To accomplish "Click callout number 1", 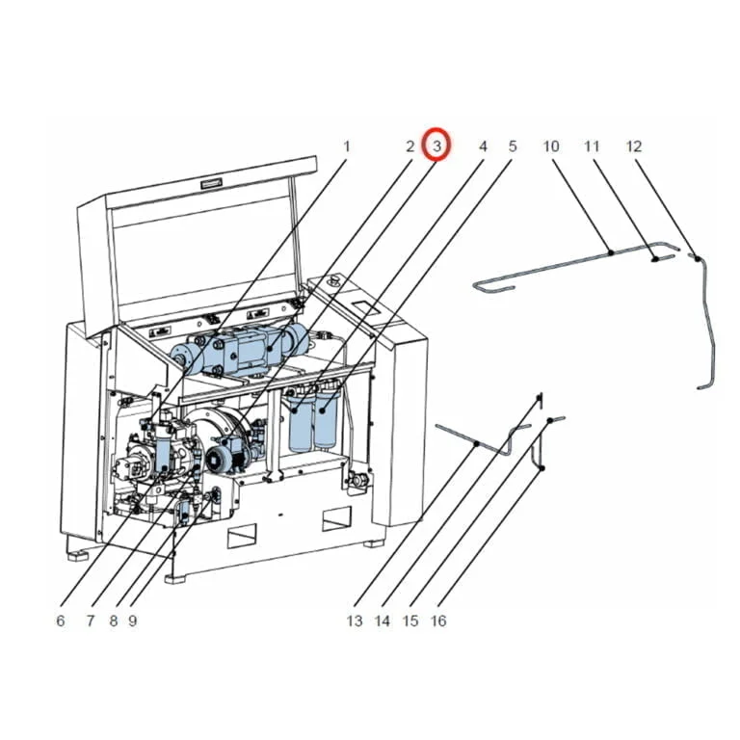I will point(347,146).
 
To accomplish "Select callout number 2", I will point(410,146).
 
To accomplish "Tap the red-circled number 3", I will point(438,145).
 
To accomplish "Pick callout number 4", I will point(483,146).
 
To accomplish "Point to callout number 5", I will point(513,146).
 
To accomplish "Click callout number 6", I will point(61,621).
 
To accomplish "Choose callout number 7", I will point(90,621).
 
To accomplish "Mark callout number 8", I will point(114,621).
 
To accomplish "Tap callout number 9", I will point(132,621).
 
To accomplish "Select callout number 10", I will point(551,146).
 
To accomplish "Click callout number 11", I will point(592,146).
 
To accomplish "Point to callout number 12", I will point(633,146).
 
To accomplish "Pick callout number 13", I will point(355,621).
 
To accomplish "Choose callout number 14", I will point(383,621).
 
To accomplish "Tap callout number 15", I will point(410,621).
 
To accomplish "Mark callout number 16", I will point(438,621).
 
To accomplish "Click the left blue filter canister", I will point(302,424).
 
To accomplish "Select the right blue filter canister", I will point(329,419).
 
